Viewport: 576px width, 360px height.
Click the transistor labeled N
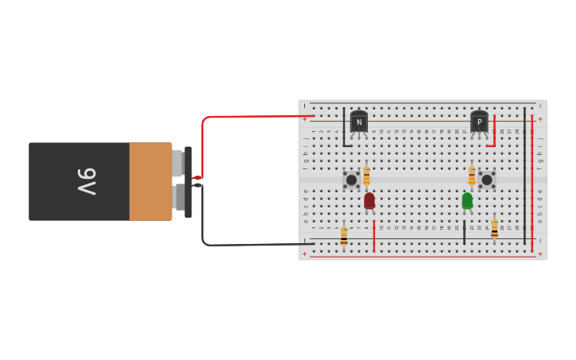coord(359,122)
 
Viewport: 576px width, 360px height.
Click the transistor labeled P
coord(479,122)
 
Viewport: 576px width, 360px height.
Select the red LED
coord(369,200)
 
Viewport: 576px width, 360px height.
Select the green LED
coord(467,200)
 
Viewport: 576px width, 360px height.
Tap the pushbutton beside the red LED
coord(351,180)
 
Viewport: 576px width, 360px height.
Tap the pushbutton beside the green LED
coord(487,180)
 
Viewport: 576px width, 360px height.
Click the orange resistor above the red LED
coord(366,176)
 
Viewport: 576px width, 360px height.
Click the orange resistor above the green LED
coord(472,175)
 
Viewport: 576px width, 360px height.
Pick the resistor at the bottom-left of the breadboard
coord(344,235)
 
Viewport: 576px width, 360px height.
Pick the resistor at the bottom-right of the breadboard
coord(494,229)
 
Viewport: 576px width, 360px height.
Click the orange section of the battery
coord(150,181)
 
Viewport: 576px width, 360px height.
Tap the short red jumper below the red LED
coord(374,236)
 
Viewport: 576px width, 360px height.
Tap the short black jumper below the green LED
coord(465,232)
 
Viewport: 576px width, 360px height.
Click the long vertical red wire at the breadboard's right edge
coord(532,183)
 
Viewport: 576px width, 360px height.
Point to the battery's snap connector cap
coord(188,181)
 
